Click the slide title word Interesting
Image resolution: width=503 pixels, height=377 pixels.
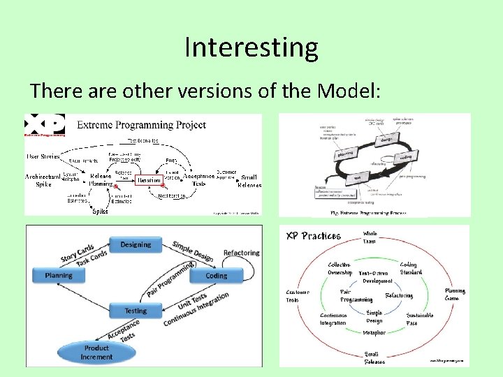point(251,47)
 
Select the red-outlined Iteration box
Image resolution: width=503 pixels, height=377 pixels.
point(149,179)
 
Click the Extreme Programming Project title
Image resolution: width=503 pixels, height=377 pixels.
point(141,125)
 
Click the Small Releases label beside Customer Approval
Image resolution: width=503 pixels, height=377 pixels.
point(249,181)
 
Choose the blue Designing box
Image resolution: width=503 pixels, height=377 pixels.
point(136,244)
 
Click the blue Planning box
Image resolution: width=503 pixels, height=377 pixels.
point(59,276)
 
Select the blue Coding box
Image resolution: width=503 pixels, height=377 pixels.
point(216,276)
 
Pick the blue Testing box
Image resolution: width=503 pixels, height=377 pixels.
point(136,311)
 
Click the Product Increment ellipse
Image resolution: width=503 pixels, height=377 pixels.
point(96,352)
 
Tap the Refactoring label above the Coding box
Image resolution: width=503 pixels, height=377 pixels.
point(241,253)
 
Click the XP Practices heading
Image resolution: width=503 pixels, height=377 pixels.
point(313,235)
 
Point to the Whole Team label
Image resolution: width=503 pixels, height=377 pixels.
point(370,237)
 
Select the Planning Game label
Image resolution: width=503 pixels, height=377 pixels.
point(455,295)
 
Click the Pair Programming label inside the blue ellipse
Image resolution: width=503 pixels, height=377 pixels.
point(356,295)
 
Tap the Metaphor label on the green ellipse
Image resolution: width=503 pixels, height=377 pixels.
point(374,332)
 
